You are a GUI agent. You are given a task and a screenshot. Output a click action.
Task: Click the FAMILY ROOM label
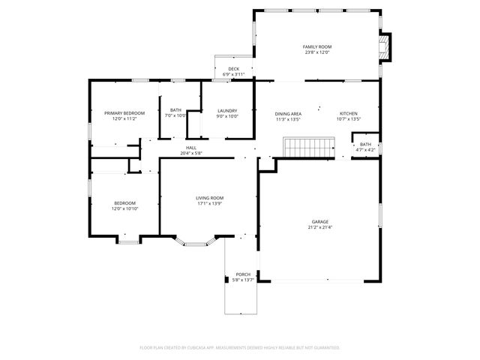317,46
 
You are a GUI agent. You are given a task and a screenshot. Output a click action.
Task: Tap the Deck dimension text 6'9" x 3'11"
234,74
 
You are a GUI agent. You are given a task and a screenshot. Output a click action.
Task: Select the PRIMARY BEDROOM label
124,112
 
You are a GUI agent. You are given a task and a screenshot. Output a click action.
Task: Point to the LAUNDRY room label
227,110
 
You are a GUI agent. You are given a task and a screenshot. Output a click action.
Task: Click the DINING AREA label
289,112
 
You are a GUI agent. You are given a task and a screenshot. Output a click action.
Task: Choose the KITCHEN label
349,112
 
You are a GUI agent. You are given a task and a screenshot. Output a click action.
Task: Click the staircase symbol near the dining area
308,146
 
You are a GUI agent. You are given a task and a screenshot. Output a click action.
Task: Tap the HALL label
191,148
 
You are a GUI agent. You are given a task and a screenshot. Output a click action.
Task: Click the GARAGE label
320,222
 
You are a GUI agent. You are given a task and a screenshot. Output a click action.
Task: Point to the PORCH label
243,274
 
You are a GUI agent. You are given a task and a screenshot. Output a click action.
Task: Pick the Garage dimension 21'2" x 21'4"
320,228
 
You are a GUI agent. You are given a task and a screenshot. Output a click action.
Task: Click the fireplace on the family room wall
385,46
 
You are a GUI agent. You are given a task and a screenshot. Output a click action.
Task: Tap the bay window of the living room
194,241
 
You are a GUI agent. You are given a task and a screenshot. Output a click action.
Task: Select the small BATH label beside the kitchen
365,144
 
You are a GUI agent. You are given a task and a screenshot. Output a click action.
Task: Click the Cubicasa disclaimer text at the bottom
240,348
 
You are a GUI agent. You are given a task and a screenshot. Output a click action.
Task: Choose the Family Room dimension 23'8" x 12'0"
317,52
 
